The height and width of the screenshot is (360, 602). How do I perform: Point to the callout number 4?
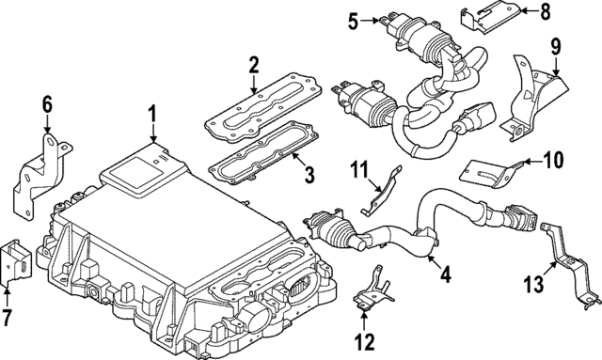(x=445, y=276)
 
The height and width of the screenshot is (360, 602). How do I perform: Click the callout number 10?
(x=553, y=161)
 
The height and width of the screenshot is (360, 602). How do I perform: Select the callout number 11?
(x=358, y=171)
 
